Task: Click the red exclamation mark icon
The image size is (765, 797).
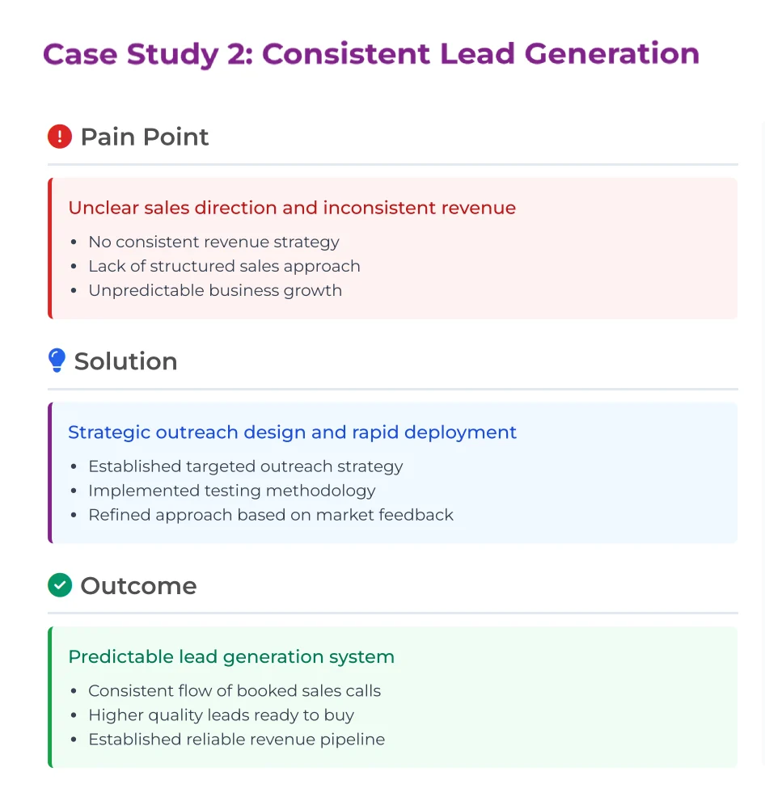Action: [x=60, y=137]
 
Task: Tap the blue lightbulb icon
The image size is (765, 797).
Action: [x=57, y=361]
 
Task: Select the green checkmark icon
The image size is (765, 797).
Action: [x=60, y=585]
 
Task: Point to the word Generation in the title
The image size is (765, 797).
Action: [x=612, y=54]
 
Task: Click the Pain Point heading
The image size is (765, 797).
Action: [x=145, y=137]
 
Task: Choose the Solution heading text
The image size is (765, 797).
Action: [x=125, y=361]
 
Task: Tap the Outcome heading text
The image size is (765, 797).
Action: [x=138, y=585]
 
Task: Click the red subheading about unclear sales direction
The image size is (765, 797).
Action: [x=292, y=208]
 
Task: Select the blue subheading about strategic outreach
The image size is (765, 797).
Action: [x=293, y=432]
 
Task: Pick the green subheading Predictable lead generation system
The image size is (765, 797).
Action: [x=231, y=656]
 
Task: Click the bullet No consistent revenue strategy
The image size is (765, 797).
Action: [x=213, y=242]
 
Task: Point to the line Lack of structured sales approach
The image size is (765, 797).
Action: [x=224, y=266]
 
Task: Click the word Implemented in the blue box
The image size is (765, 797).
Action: [x=143, y=491]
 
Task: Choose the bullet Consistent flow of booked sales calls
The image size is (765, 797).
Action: [x=235, y=691]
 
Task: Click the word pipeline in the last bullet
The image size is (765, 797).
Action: [x=353, y=740]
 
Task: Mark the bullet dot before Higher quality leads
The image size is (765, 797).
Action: [x=74, y=715]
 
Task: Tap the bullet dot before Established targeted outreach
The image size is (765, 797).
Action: [x=74, y=466]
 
